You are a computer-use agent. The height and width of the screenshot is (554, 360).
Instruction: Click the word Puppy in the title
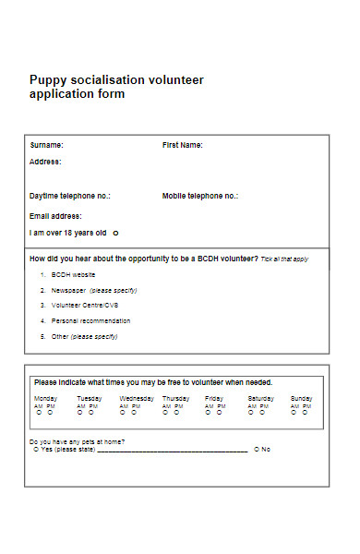(x=47, y=80)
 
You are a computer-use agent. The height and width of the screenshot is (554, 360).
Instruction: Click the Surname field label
(x=47, y=145)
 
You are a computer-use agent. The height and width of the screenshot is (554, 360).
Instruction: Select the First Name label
(x=183, y=145)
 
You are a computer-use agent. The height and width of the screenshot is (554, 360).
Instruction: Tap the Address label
(x=45, y=162)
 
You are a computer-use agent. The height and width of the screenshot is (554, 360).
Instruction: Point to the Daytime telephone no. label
(x=70, y=196)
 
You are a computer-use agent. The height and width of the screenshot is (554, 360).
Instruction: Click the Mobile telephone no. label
(x=200, y=196)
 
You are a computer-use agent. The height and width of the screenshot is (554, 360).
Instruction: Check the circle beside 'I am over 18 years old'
(x=115, y=234)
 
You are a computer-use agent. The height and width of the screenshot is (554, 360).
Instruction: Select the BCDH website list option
(x=73, y=275)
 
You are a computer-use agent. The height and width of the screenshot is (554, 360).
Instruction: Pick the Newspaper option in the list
(x=68, y=290)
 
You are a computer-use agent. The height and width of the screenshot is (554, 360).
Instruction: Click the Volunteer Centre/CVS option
(x=85, y=305)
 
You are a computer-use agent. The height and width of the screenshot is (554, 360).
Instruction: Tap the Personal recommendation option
(x=90, y=320)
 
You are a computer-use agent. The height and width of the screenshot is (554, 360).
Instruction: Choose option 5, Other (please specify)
(x=84, y=336)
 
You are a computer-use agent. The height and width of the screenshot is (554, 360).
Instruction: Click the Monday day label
(x=45, y=398)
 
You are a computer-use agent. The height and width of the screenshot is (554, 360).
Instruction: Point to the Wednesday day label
(x=137, y=398)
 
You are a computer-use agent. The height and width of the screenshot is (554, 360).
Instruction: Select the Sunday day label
(x=301, y=398)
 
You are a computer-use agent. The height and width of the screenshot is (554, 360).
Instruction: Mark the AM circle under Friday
(x=209, y=414)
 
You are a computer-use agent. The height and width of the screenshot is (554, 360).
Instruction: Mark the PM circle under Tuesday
(x=93, y=414)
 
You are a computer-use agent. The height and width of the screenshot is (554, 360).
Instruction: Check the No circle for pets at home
(x=257, y=450)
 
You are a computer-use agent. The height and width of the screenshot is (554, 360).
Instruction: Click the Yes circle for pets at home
(x=36, y=450)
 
